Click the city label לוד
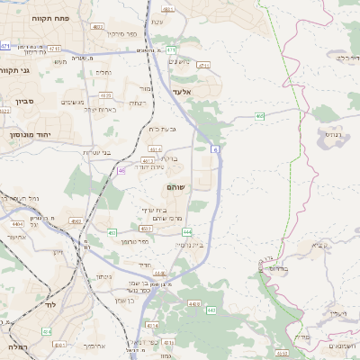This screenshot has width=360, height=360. point(27,307)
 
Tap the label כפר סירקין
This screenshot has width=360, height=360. point(121,34)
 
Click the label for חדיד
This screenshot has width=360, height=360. point(144,265)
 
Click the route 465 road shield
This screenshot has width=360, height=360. point(259,115)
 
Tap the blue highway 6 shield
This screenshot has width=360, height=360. point(215,148)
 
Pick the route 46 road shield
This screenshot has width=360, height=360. point(121,169)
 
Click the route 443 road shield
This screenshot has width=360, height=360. point(211,310)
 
